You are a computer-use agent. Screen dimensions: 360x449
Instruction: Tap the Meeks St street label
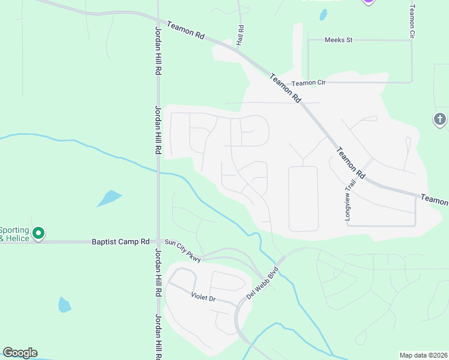click(339, 40)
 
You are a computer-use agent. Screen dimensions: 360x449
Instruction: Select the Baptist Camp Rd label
click(120, 242)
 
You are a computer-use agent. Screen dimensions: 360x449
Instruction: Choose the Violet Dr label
click(203, 298)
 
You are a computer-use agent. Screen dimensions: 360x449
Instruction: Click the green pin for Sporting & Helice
click(38, 233)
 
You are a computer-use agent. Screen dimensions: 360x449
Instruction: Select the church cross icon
click(440, 119)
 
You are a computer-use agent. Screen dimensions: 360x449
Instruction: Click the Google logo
click(20, 353)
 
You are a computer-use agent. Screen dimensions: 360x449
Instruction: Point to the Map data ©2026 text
click(423, 355)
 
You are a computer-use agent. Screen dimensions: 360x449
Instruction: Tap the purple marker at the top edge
click(368, 2)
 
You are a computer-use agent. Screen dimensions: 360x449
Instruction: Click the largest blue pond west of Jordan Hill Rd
click(109, 198)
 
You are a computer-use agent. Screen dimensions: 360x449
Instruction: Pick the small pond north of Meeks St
click(324, 14)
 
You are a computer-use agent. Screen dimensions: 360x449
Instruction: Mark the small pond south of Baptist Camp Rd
click(64, 305)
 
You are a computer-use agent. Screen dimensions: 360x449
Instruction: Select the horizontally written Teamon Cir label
click(308, 83)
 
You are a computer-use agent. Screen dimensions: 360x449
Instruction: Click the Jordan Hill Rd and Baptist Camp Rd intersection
click(158, 242)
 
